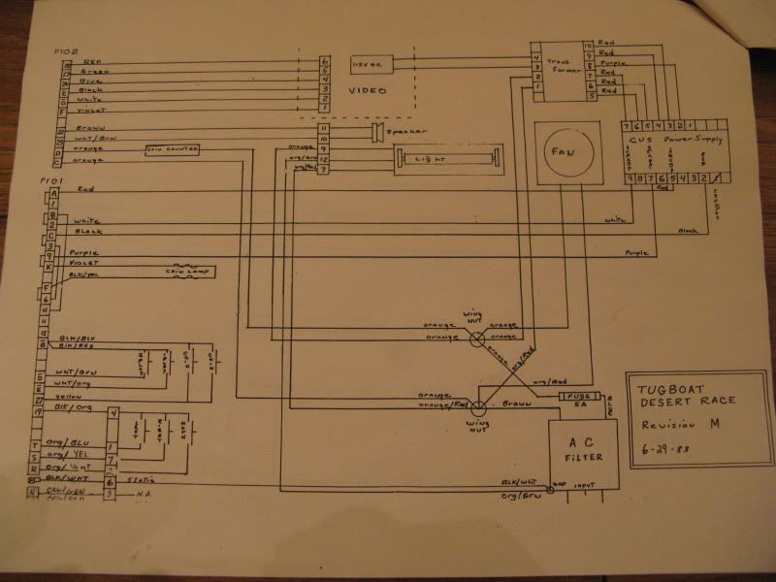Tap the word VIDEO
[x=368, y=90]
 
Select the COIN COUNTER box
[x=172, y=149]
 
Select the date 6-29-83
[x=659, y=451]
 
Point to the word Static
[x=139, y=480]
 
